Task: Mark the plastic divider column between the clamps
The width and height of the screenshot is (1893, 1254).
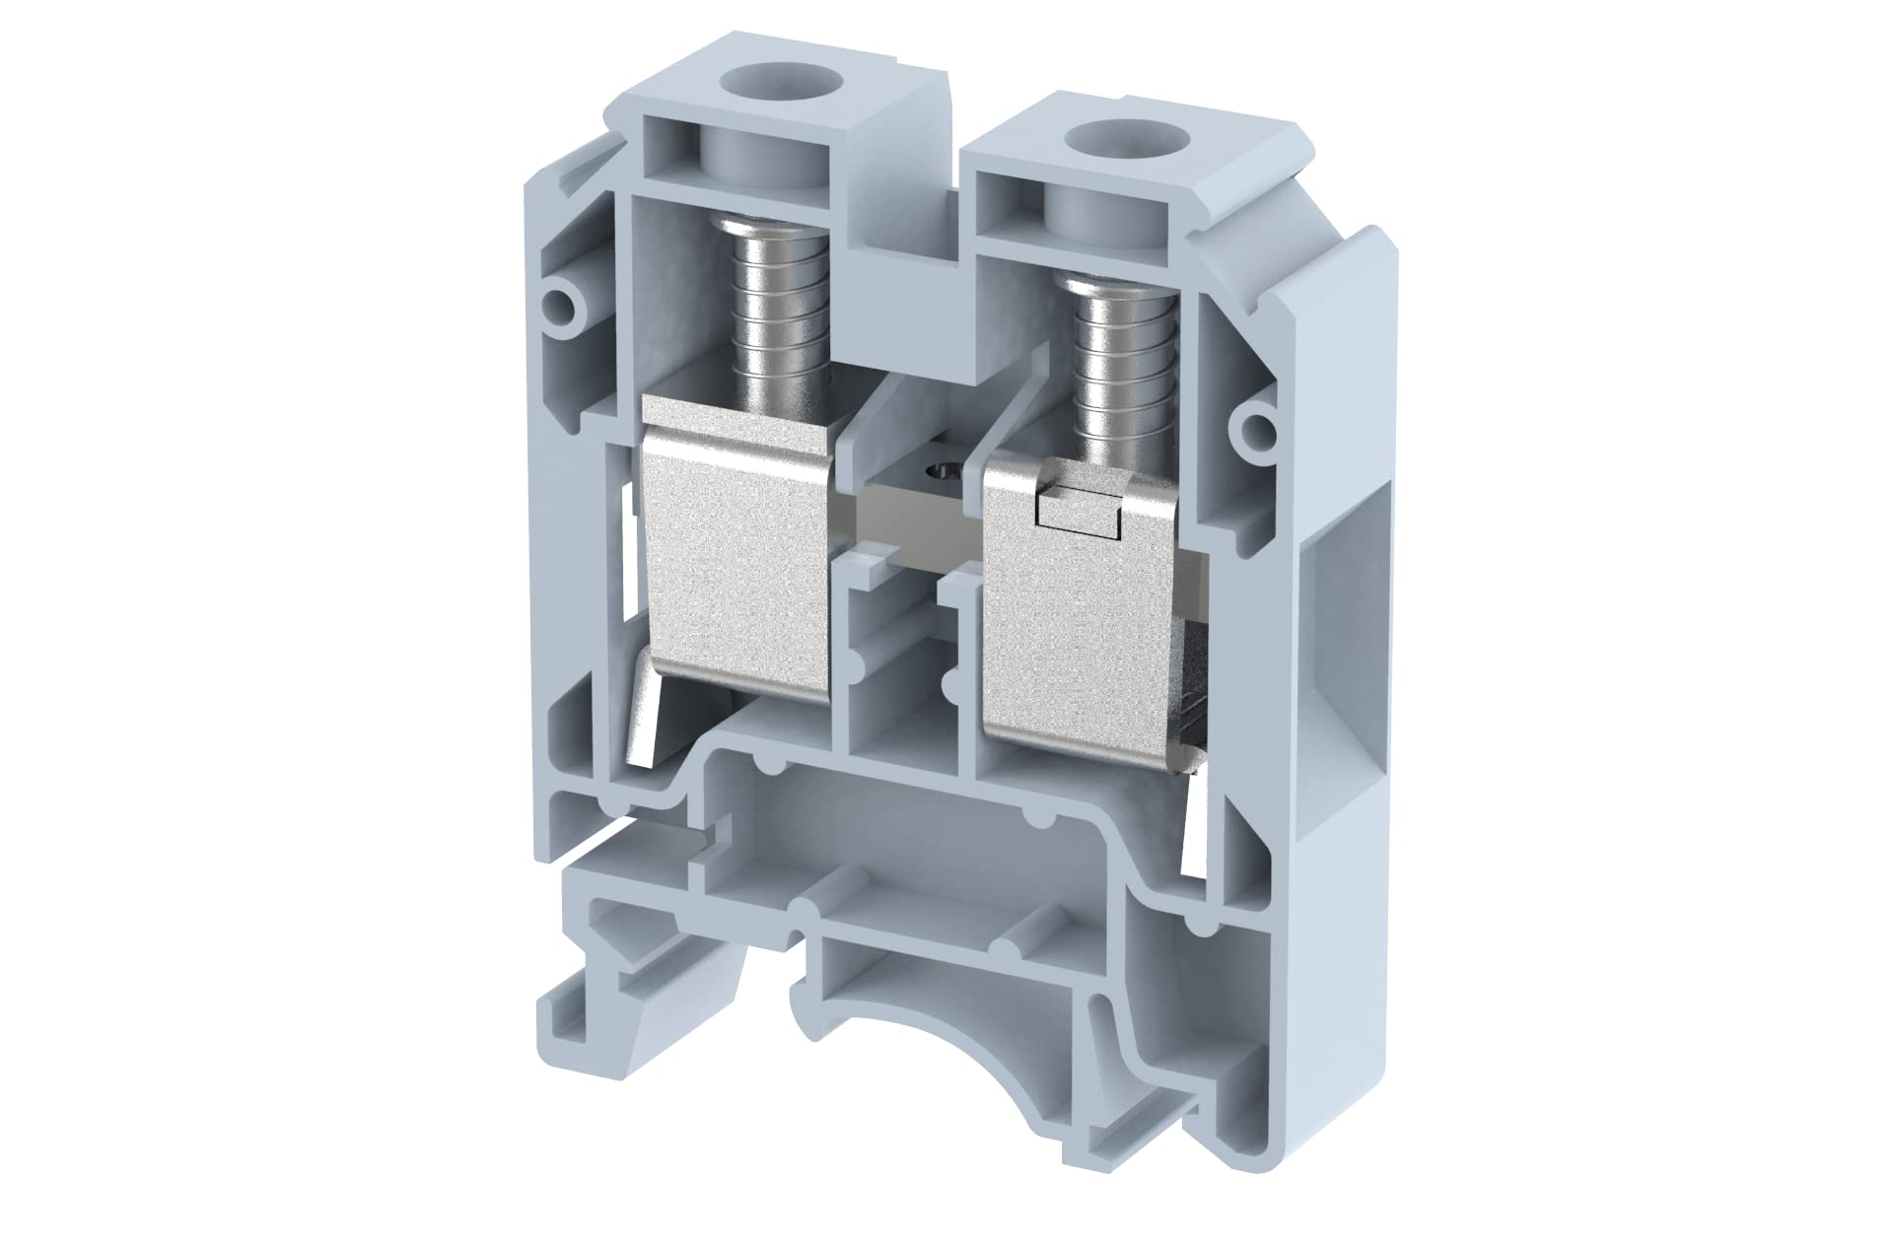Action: pyautogui.click(x=899, y=680)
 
